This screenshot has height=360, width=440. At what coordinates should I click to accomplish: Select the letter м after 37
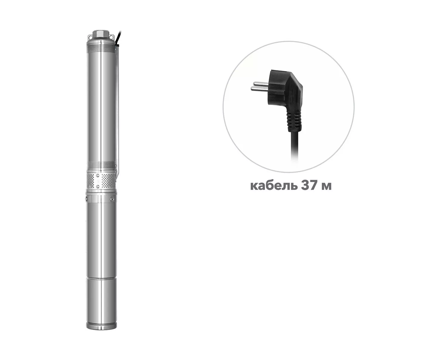pos(326,187)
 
